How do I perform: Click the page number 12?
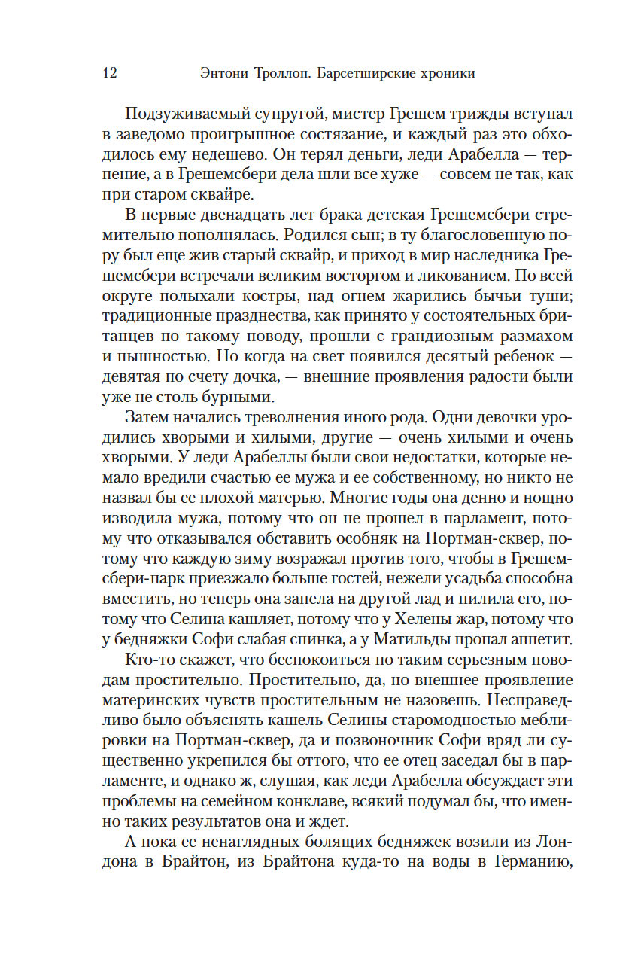[108, 73]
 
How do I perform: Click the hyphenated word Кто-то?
[149, 660]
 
